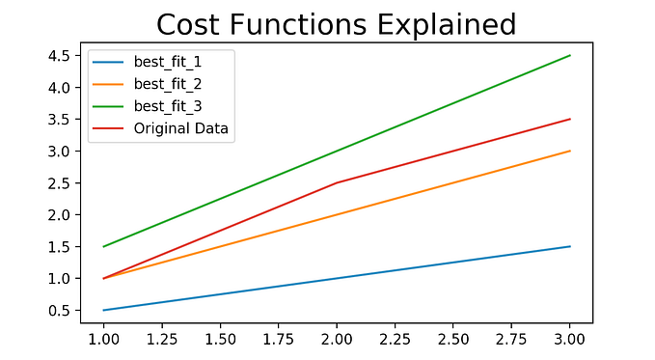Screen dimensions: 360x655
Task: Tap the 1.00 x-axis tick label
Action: (103, 341)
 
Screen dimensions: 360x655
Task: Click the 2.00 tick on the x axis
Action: (337, 341)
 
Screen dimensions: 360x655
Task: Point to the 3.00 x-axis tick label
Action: (570, 341)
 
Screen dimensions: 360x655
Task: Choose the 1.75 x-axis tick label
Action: (279, 341)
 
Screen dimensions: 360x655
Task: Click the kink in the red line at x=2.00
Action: (337, 182)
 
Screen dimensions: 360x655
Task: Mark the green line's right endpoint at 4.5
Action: (570, 55)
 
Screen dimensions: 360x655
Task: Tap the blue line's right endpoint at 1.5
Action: (570, 246)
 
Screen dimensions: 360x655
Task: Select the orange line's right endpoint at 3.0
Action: (570, 151)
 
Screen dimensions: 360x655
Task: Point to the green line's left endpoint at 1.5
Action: (103, 246)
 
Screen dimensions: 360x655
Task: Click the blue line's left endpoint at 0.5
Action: (103, 310)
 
